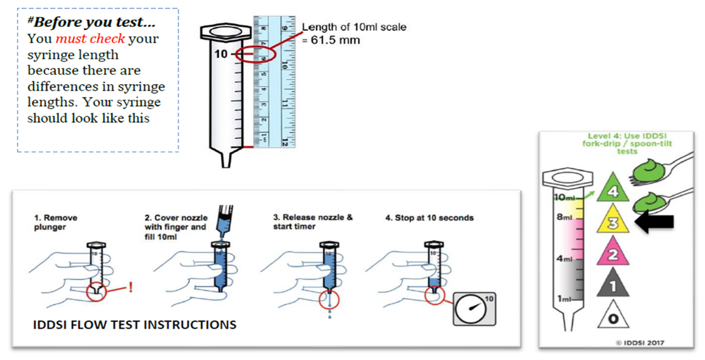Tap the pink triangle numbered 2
613,254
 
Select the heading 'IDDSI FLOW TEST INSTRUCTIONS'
135,325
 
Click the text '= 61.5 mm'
331,40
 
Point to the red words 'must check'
90,38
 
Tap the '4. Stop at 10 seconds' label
429,218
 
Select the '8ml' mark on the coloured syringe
564,217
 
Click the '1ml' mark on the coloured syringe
564,299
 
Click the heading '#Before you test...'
93,23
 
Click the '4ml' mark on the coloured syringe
564,259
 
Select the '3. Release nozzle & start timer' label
312,222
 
